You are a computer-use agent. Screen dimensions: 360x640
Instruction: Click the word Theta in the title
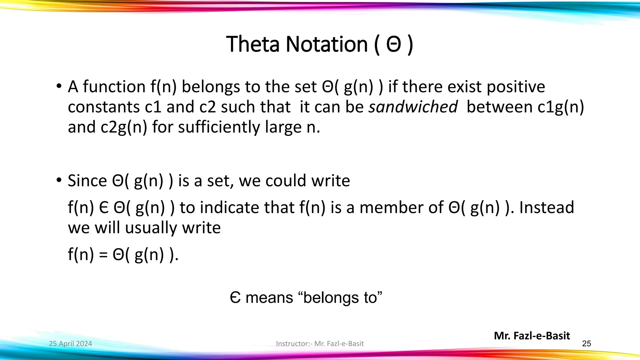click(253, 44)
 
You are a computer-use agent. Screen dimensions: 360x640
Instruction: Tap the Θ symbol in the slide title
click(393, 45)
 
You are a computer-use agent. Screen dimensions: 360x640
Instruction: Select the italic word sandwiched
click(413, 107)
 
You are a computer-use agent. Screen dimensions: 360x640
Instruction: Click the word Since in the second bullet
click(87, 181)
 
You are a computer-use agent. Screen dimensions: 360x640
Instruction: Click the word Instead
click(547, 207)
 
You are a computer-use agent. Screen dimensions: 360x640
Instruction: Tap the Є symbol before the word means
click(235, 297)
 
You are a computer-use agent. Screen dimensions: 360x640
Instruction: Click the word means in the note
click(269, 297)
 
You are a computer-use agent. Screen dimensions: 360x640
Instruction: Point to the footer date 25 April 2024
click(71, 344)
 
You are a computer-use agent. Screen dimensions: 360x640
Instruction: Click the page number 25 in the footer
click(587, 344)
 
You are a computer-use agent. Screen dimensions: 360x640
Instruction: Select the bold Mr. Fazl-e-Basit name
click(532, 336)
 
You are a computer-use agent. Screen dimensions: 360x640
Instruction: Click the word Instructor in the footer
click(292, 344)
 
